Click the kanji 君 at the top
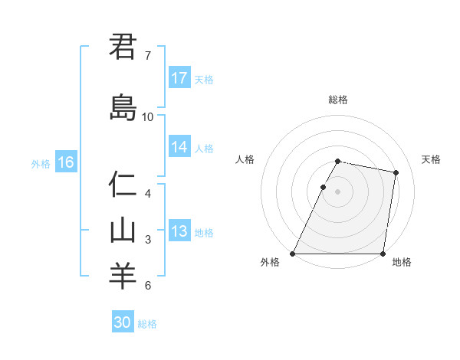122,47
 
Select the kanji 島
122,108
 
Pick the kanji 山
122,231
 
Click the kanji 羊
122,277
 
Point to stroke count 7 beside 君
147,56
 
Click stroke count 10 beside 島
148,117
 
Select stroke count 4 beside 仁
148,194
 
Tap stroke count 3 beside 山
148,240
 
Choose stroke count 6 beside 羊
148,286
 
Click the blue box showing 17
179,78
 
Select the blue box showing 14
179,147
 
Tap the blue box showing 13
179,231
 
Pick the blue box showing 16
66,162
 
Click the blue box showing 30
123,322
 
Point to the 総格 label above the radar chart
338,100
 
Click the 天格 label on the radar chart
431,159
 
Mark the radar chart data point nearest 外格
293,254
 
